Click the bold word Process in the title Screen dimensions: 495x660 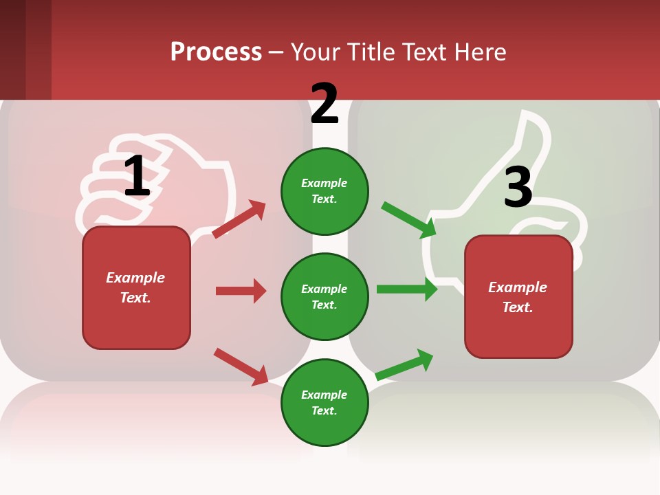[216, 52]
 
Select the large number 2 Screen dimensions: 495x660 [324, 104]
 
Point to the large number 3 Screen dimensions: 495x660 [518, 187]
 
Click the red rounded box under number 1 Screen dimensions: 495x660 [136, 287]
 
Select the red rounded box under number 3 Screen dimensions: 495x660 [518, 296]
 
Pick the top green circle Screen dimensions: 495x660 [324, 191]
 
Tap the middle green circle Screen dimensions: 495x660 [324, 296]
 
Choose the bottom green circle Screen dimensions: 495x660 [324, 402]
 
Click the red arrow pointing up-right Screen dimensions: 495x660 [239, 219]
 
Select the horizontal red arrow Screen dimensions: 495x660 [241, 291]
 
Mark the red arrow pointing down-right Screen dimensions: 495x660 [241, 366]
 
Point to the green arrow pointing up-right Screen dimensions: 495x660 [405, 364]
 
